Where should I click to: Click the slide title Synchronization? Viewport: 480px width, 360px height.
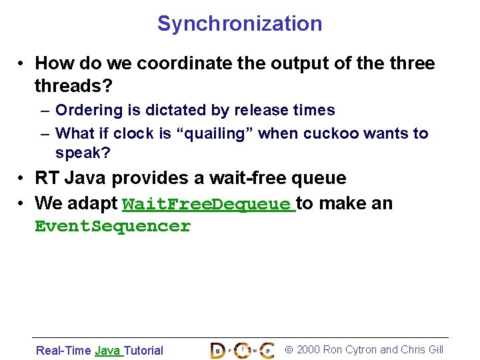click(239, 24)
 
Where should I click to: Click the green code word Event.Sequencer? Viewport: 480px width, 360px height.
click(112, 227)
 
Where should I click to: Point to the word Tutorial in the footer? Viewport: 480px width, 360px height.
click(143, 351)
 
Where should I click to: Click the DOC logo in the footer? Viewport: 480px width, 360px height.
click(241, 349)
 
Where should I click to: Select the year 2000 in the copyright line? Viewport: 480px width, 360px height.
click(308, 350)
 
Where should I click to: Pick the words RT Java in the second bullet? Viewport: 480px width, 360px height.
click(71, 179)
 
